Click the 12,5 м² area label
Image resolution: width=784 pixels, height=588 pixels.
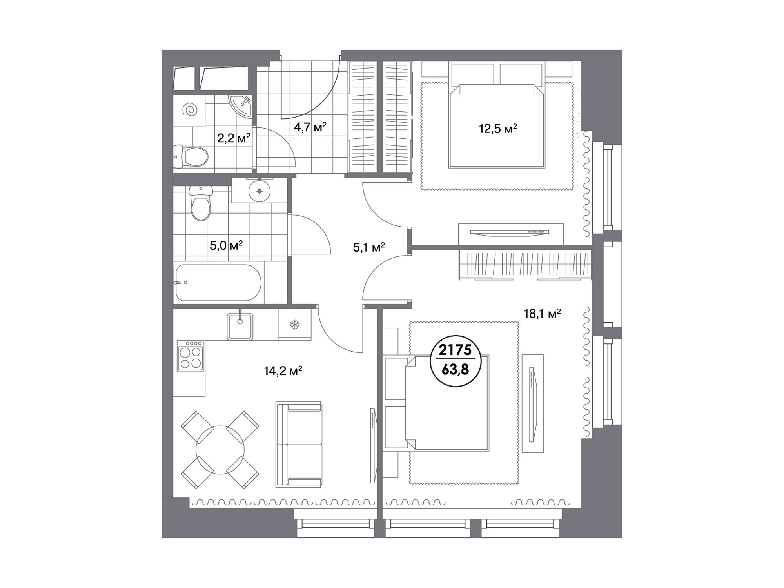point(498,129)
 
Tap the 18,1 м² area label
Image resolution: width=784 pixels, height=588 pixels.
point(543,314)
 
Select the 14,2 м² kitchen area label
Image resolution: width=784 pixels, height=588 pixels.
point(283,371)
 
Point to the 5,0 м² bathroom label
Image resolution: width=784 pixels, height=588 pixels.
point(226,246)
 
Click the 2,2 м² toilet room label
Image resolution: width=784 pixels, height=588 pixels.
point(234,138)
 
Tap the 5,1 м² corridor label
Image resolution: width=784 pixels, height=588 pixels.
point(369,247)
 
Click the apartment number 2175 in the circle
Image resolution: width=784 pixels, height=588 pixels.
point(455,350)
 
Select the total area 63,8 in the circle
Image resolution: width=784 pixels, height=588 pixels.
point(455,369)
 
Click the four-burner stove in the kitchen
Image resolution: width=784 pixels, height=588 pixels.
point(191,356)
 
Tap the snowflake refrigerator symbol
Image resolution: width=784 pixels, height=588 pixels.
point(294,325)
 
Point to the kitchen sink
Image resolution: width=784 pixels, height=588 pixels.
point(240,327)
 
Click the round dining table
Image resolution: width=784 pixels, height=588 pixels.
point(220,450)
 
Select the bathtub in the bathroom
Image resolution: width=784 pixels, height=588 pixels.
point(218,282)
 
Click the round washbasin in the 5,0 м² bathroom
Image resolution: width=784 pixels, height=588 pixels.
point(260,191)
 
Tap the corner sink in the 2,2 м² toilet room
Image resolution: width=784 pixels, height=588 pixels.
point(240,106)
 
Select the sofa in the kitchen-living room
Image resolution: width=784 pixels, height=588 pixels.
point(299,444)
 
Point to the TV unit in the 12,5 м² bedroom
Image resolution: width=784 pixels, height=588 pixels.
point(511,234)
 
